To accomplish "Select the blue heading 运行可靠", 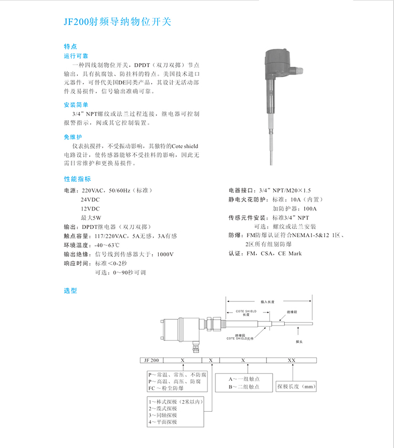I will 73,55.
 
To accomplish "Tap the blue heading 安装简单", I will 73,105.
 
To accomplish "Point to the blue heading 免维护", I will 71,137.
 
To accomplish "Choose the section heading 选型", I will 70,290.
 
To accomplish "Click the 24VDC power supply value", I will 90,200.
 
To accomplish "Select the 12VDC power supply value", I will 90,209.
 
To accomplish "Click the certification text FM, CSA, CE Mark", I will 274,254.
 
